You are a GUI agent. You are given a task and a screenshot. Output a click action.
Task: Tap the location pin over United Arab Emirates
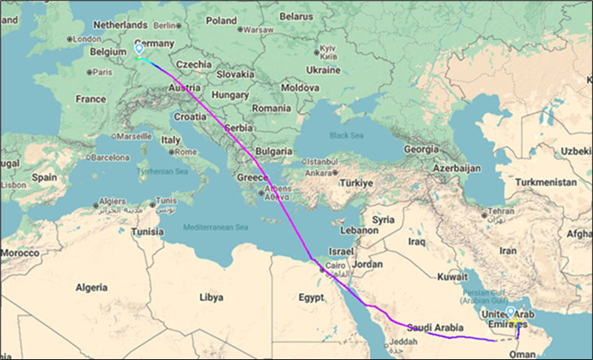512,313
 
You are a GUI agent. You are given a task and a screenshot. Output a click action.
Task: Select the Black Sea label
345,136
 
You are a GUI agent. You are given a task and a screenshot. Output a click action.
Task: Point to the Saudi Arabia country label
433,327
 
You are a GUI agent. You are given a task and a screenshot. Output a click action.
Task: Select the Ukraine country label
323,70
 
